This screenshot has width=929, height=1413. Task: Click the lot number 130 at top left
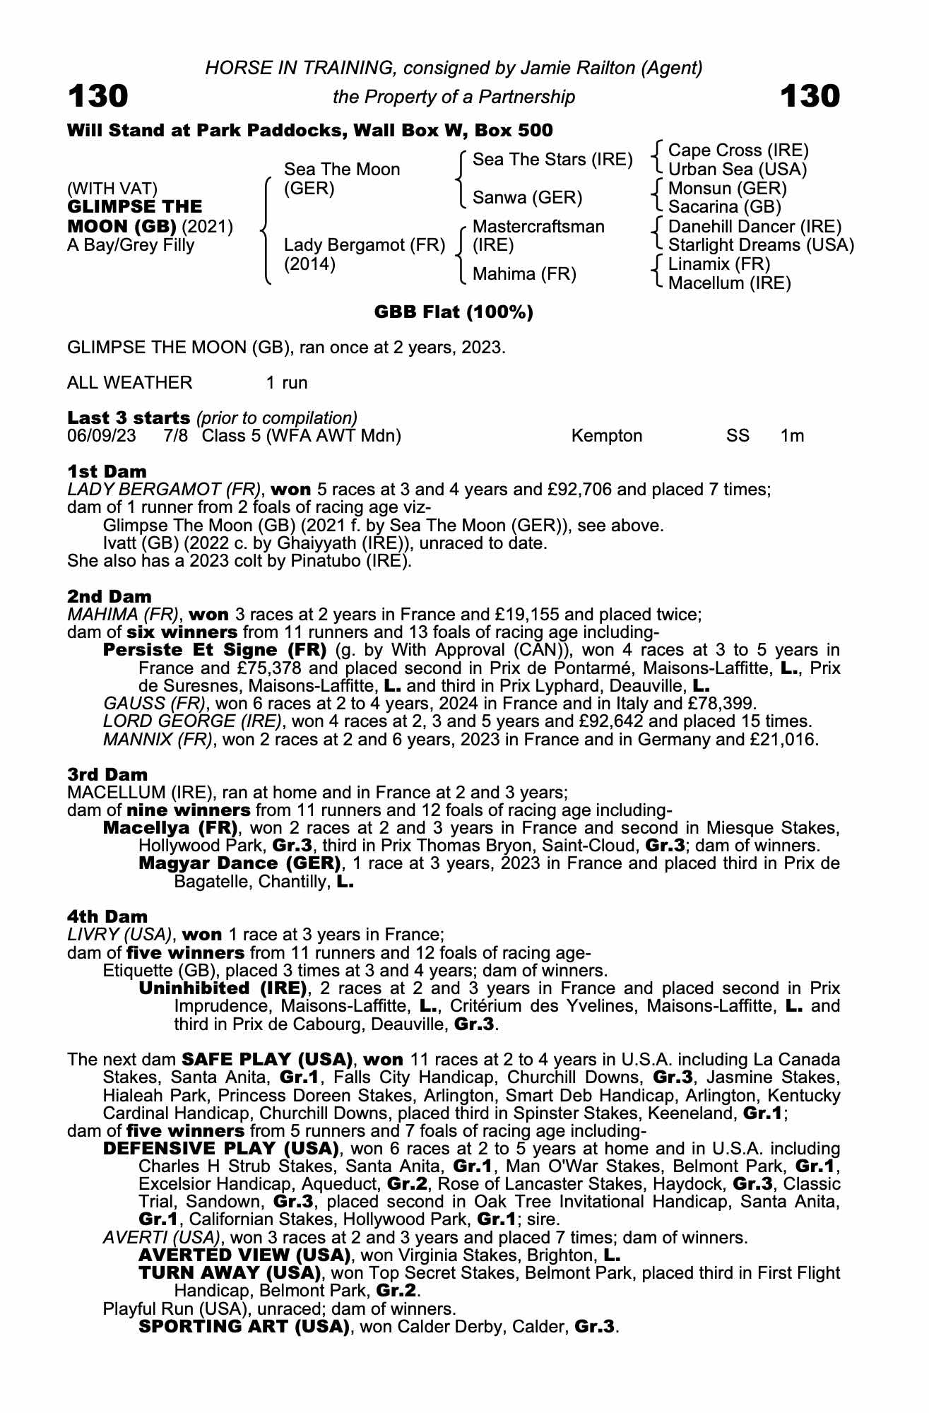tap(97, 96)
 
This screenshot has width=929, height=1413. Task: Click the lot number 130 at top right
tap(810, 96)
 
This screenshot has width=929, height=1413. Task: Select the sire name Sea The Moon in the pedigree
tap(342, 170)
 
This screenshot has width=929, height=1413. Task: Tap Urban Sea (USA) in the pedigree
tap(737, 170)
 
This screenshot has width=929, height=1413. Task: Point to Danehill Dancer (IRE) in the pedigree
tap(755, 227)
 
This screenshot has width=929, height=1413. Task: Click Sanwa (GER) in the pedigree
tap(527, 198)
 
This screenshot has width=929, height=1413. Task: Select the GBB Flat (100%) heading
tap(454, 312)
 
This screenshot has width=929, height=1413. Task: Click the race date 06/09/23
tap(101, 436)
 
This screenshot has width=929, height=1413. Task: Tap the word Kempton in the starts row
tap(607, 436)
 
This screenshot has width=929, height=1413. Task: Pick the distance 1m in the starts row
tap(792, 436)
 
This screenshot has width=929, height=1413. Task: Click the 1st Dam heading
tap(107, 471)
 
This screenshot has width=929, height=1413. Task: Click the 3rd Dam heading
tap(107, 775)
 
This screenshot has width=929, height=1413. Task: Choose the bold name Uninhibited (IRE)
tap(223, 988)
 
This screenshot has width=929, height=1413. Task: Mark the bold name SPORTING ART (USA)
tap(244, 1326)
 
